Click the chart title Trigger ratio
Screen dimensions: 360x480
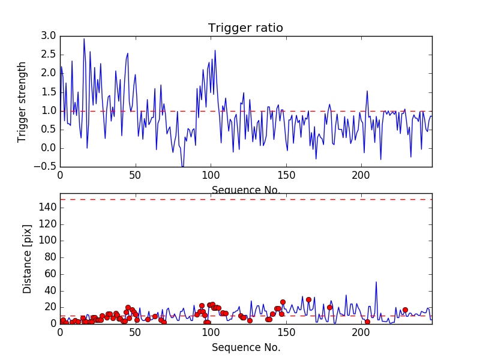pyautogui.click(x=245, y=28)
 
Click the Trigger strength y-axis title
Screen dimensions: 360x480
pyautogui.click(x=23, y=101)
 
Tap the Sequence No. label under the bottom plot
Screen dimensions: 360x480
pyautogui.click(x=245, y=347)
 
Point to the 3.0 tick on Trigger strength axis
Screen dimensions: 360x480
pyautogui.click(x=49, y=36)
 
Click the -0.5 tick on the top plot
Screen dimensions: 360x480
pyautogui.click(x=47, y=167)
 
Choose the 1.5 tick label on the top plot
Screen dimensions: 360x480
pyautogui.click(x=49, y=92)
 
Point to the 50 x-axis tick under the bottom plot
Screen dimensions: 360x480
pyautogui.click(x=136, y=332)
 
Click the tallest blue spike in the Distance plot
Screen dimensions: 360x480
pyautogui.click(x=376, y=282)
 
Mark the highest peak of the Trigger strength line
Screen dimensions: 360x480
pyautogui.click(x=84, y=39)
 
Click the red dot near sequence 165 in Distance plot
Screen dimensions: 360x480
pyautogui.click(x=308, y=299)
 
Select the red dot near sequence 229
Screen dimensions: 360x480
pyautogui.click(x=405, y=310)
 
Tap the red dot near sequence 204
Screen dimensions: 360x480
pyautogui.click(x=367, y=322)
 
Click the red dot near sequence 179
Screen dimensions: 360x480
pyautogui.click(x=329, y=307)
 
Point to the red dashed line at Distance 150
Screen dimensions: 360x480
pyautogui.click(x=245, y=199)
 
